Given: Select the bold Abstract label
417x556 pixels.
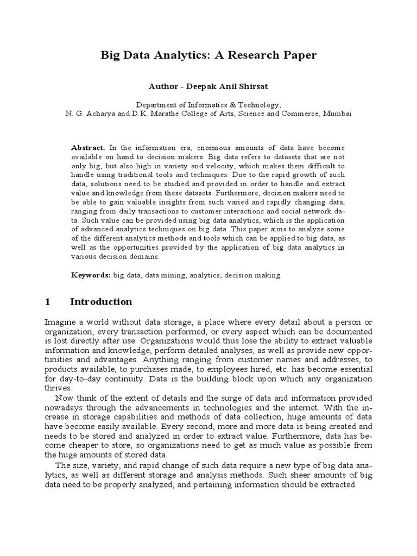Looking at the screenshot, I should (x=89, y=148).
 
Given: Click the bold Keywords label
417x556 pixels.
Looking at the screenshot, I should (x=91, y=275).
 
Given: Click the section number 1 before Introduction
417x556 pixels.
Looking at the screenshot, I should (x=47, y=302).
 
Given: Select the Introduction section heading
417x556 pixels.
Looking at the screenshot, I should (x=101, y=302).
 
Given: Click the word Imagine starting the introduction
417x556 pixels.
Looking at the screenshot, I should (x=60, y=323).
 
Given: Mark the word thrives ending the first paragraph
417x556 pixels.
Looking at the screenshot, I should (x=58, y=388).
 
